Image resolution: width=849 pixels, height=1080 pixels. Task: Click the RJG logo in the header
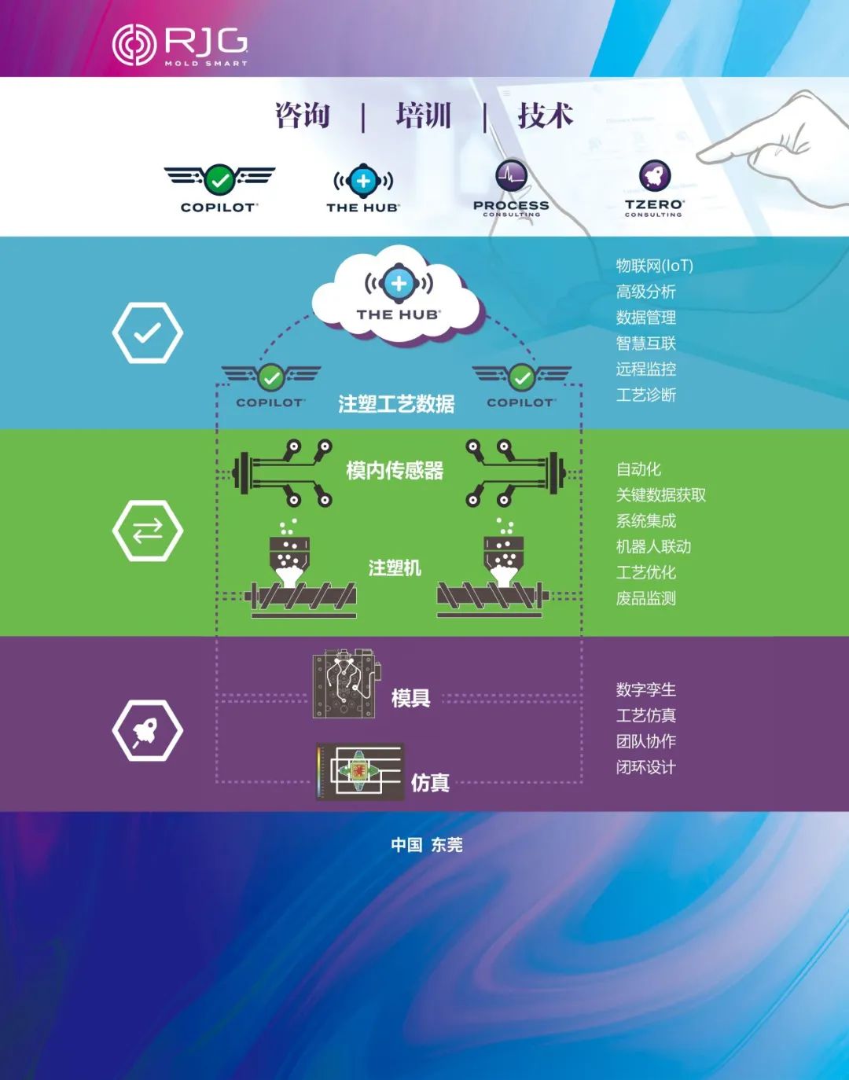coord(180,45)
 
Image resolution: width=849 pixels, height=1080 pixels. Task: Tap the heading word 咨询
coord(303,116)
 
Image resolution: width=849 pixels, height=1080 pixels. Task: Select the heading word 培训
coord(424,116)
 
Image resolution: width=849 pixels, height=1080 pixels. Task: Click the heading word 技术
coord(545,116)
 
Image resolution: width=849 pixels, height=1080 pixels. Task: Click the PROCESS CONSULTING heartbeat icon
coord(511,176)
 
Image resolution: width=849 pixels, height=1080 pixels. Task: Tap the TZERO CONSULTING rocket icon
coord(653,176)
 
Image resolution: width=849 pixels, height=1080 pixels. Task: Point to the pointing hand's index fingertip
coord(703,152)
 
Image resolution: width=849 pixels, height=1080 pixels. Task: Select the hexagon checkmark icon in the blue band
coord(147,332)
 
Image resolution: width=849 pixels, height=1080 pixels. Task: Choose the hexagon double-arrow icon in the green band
coord(147,531)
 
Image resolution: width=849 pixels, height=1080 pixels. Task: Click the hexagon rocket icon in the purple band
coord(147,730)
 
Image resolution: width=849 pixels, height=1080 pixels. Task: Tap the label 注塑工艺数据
coord(396,404)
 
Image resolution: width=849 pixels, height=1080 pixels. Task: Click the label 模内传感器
coord(395,471)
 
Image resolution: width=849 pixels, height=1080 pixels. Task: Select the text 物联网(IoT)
coord(654,266)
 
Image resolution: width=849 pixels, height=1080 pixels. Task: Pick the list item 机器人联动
coord(653,546)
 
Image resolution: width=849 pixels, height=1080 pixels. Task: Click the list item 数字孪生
coord(645,689)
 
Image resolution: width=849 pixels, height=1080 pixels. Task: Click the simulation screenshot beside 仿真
coord(360,772)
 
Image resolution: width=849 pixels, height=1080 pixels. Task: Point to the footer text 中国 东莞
coord(426,845)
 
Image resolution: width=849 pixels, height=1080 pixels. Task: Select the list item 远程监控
coord(645,369)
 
